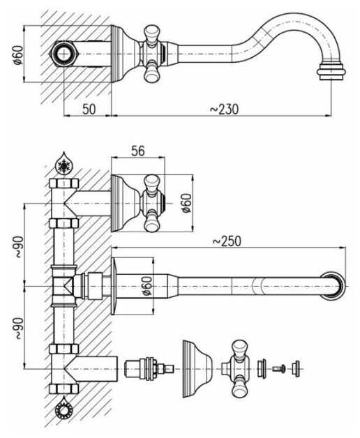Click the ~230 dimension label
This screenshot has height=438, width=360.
224,109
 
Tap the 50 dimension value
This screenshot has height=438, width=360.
89,109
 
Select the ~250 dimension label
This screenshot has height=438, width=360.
227,241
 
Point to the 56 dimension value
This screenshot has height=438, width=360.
138,151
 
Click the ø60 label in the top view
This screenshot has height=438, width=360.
18,54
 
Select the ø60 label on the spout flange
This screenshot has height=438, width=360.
147,286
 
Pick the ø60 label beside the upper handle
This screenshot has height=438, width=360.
187,203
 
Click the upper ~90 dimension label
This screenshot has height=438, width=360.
18,247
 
